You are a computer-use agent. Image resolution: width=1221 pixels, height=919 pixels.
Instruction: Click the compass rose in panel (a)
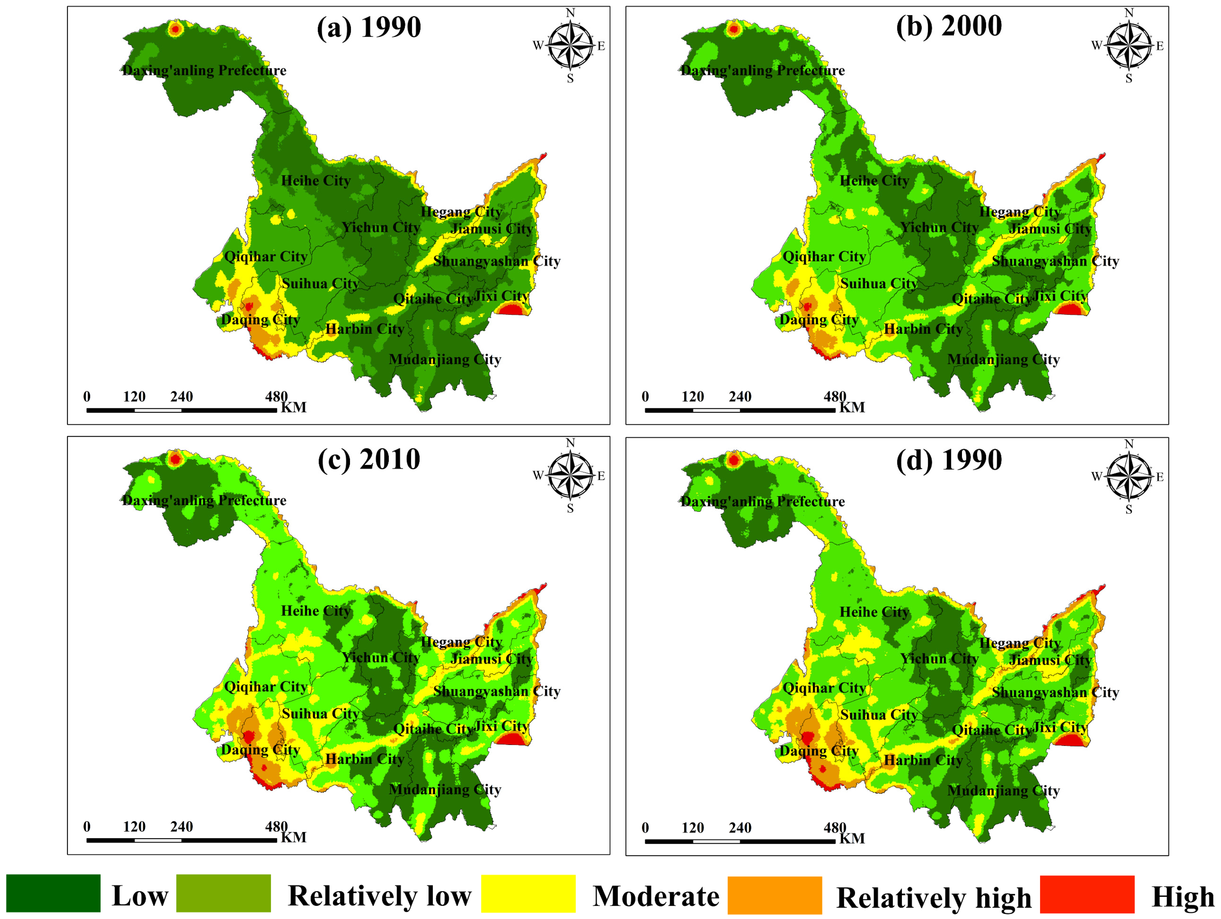coord(570,45)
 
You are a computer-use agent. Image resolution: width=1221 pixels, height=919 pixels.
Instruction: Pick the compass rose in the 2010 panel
coord(570,475)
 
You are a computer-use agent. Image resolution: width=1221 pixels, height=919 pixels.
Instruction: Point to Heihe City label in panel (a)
coord(316,181)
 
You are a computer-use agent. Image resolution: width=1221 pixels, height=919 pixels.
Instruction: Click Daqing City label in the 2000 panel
coord(819,320)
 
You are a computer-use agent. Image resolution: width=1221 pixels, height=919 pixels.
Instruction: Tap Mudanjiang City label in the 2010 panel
coord(445,789)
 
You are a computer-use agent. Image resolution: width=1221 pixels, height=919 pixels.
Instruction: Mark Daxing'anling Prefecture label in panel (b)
coord(762,70)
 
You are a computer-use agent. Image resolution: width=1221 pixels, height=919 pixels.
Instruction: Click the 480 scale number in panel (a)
coord(276,396)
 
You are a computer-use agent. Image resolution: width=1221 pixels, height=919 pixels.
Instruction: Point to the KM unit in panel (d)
coord(852,838)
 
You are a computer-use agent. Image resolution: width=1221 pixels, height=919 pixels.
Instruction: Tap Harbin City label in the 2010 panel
coord(364,759)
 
